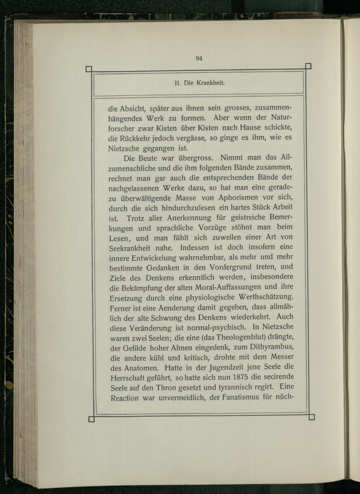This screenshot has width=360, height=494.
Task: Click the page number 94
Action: [199, 59]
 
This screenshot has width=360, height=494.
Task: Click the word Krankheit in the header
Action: [211, 83]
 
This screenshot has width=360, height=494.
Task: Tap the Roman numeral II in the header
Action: [177, 83]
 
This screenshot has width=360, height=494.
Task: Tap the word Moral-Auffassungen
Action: [228, 287]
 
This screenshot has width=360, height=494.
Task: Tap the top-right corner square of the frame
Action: [308, 66]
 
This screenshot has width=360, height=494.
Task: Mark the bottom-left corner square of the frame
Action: [91, 418]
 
